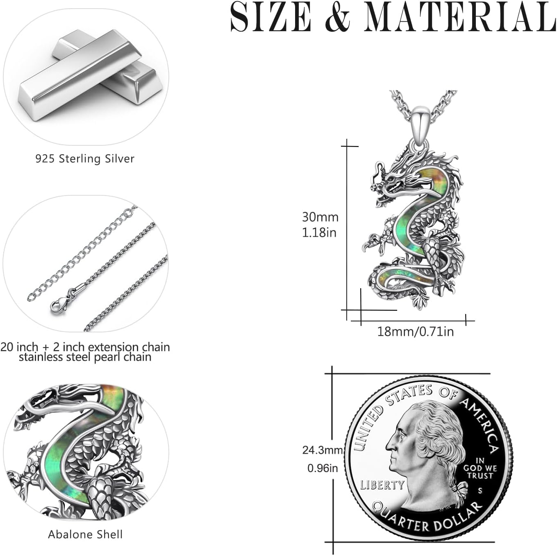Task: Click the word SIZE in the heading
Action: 271,17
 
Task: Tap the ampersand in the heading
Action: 337,18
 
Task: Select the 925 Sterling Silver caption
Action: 85,159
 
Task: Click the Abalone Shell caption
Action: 85,534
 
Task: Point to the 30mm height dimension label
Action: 320,217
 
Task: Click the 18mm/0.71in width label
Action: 415,331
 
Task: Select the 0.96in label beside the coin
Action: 323,468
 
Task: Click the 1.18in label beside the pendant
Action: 319,233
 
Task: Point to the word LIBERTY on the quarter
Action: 382,485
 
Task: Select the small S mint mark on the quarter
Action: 480,490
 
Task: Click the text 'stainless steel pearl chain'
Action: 85,357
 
